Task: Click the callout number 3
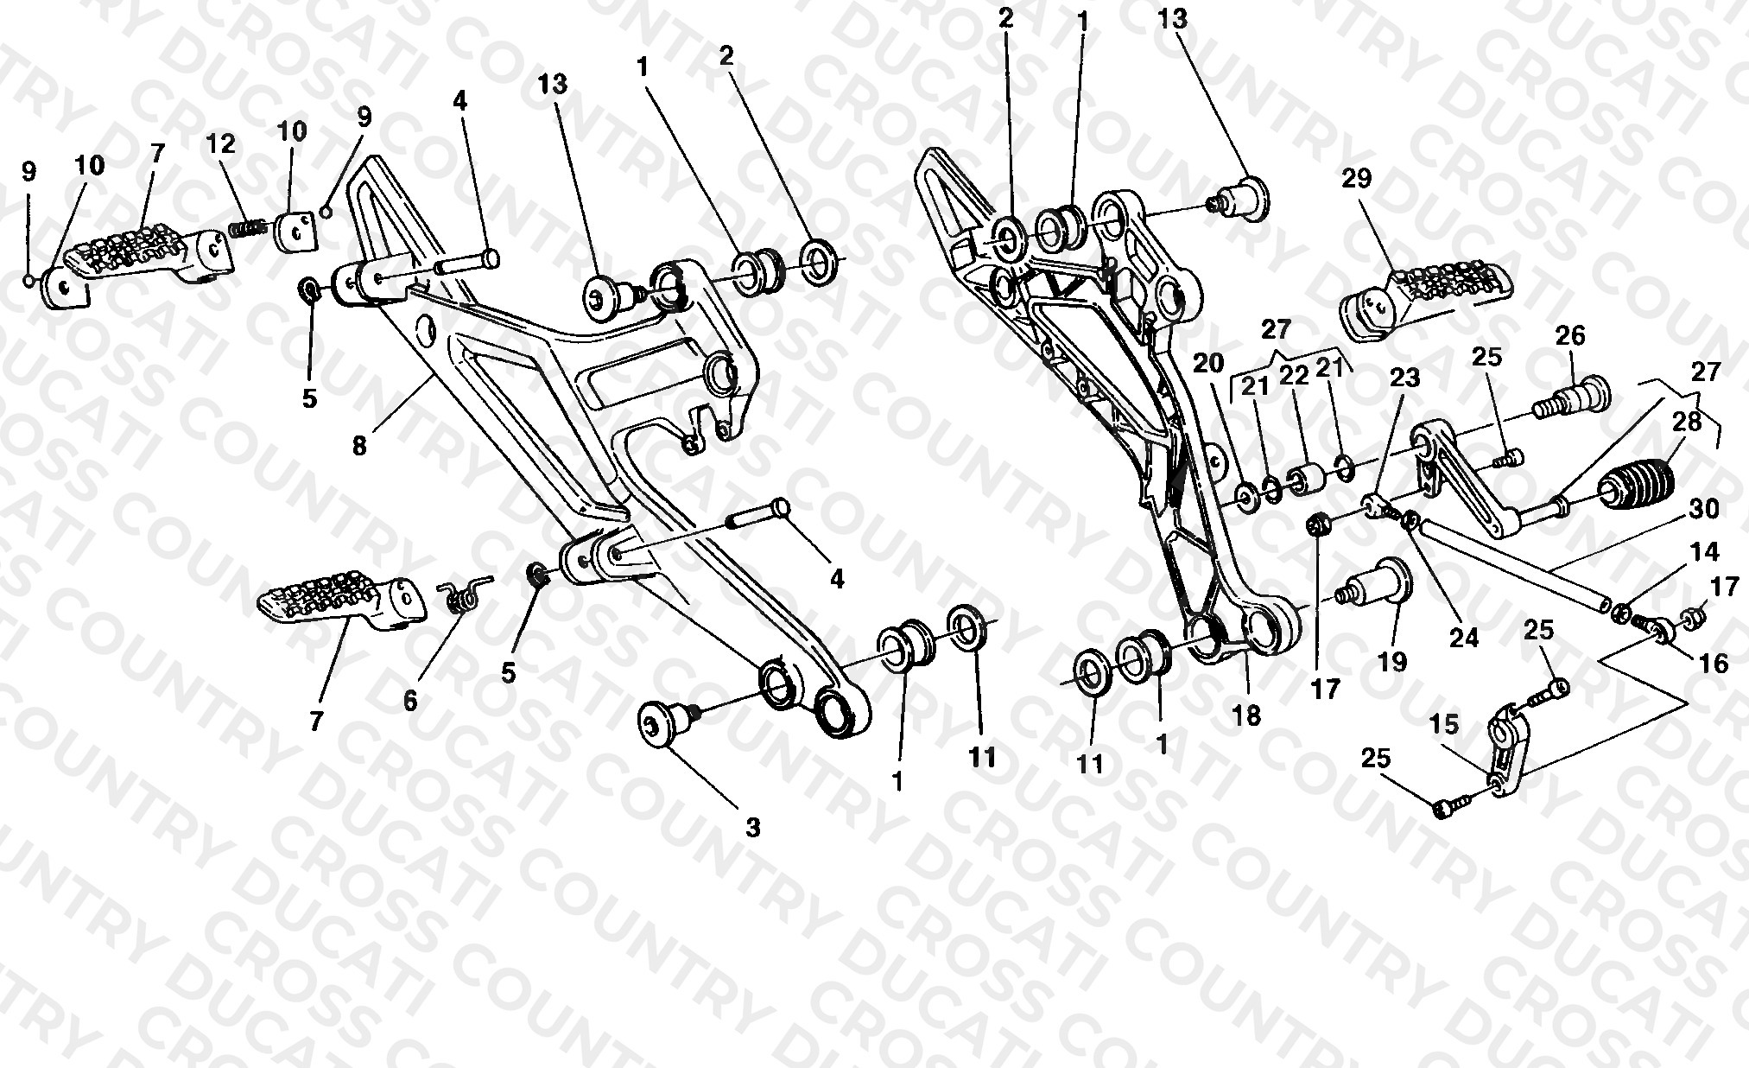pos(753,828)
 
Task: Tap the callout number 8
pos(359,446)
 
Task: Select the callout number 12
pos(221,143)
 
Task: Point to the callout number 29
pos(1356,179)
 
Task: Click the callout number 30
pos(1704,509)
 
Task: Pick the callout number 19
pos(1392,662)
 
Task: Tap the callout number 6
pos(410,701)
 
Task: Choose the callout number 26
pos(1570,335)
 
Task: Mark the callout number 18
pos(1247,715)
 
